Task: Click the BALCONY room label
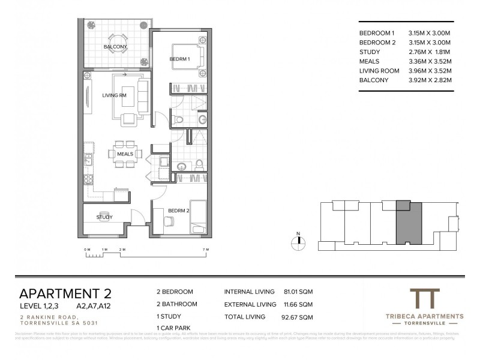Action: point(115,46)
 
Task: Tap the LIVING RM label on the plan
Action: point(114,95)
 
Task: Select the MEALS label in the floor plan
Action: point(125,154)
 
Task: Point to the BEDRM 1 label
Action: point(179,59)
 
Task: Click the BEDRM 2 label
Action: point(179,210)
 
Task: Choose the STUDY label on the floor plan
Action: point(104,217)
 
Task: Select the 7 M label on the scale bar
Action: point(205,249)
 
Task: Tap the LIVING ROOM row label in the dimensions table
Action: point(379,70)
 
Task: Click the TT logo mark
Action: point(424,298)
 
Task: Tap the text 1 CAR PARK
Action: point(173,326)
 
